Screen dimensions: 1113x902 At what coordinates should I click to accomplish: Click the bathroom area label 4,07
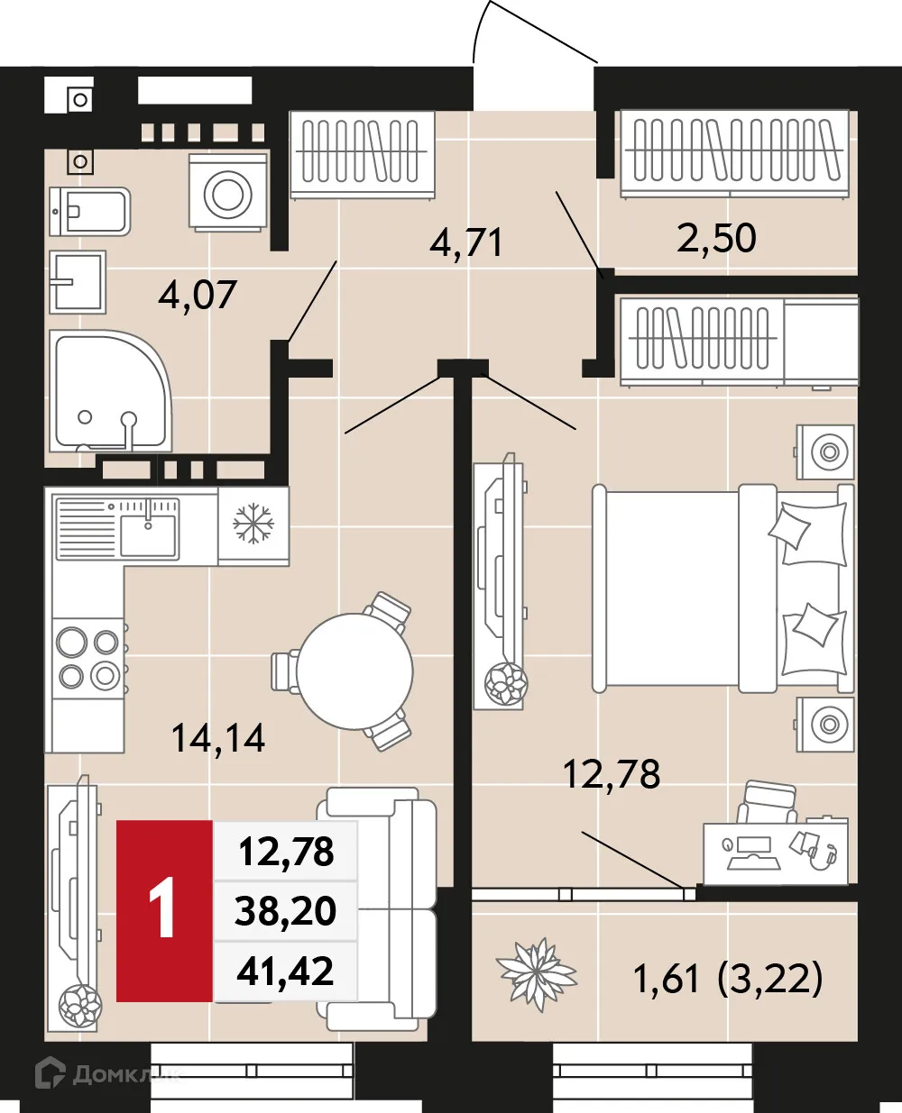197,295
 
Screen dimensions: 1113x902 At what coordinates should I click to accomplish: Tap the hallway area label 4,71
465,242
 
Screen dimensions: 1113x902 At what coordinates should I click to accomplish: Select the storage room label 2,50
716,238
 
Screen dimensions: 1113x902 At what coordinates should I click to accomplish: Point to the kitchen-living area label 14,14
218,738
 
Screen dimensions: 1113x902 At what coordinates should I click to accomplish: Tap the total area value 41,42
285,972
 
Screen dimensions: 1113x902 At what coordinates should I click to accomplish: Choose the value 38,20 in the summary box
285,911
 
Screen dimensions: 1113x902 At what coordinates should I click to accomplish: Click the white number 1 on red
163,911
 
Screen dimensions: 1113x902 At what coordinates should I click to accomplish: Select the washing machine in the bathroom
228,192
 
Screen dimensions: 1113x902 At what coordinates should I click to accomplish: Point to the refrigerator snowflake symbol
253,524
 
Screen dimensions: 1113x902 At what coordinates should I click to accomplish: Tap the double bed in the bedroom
722,588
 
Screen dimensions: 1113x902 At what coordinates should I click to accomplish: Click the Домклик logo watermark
106,1073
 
